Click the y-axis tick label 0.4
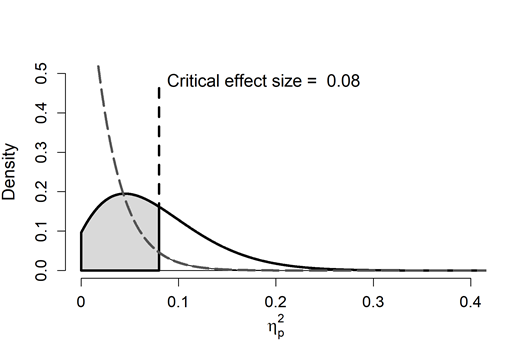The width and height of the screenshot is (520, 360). pos(41,112)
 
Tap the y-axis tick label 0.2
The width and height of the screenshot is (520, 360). pos(41,191)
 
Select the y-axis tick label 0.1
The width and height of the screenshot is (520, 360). pos(41,231)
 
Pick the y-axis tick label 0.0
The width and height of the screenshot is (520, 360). pos(41,270)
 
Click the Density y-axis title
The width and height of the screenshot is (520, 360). pos(12,171)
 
